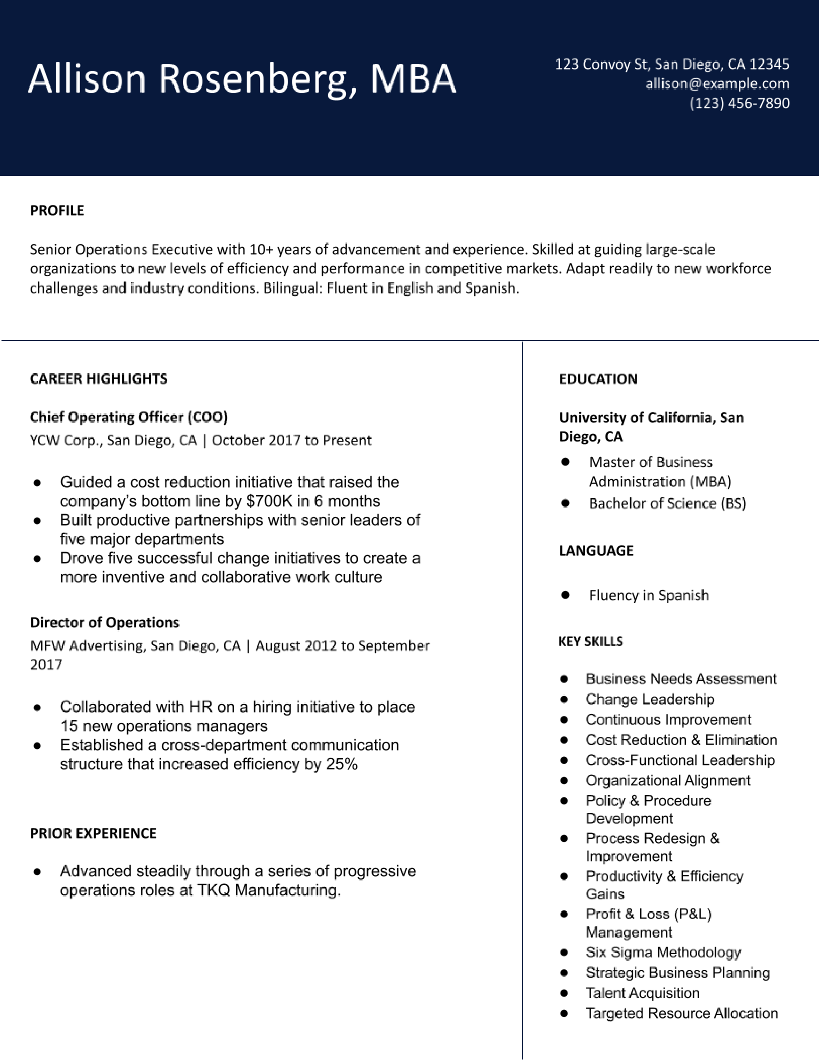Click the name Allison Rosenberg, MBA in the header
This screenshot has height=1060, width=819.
point(242,79)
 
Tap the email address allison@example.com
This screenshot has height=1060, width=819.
point(717,84)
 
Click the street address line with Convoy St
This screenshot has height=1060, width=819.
point(672,64)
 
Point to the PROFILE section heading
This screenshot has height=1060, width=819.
point(57,211)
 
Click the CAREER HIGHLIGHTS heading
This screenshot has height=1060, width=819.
point(99,379)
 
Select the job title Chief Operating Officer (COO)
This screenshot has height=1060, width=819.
point(128,417)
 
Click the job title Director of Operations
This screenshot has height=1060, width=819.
point(105,623)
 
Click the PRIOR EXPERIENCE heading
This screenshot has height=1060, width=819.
point(93,833)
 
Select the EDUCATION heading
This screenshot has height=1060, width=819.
point(598,379)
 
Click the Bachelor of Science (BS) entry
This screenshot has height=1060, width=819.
point(667,504)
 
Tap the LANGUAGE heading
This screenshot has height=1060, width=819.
point(596,550)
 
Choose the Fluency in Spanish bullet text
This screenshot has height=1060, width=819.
point(649,596)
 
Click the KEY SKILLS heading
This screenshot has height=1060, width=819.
point(590,642)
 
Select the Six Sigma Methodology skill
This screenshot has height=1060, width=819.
point(663,952)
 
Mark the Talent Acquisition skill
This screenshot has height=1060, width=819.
point(642,993)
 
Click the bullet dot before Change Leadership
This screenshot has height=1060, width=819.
point(564,699)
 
